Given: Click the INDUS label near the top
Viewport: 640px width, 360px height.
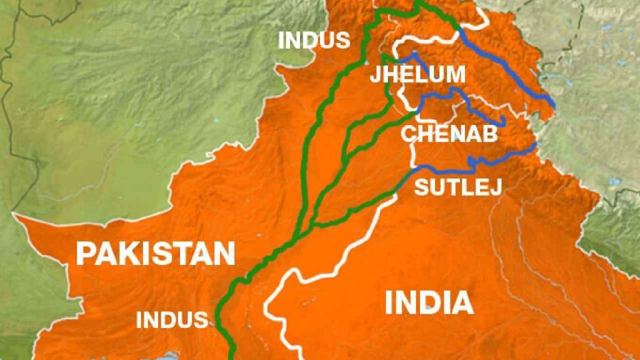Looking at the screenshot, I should [314, 40].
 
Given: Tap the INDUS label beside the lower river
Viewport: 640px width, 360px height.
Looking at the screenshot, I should [172, 320].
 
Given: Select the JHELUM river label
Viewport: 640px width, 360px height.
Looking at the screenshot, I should [417, 74].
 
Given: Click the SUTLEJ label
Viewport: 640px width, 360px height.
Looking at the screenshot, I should [458, 186].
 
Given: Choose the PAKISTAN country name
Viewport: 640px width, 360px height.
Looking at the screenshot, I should [156, 254].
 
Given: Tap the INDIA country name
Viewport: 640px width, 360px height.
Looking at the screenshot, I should [429, 303].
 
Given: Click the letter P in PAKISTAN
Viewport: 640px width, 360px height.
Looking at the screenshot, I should [86, 254].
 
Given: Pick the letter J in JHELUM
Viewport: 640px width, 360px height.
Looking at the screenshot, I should [374, 74].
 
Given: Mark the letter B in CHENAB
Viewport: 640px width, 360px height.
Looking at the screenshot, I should [489, 134].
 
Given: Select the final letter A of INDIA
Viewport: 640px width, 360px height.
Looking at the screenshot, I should [462, 303].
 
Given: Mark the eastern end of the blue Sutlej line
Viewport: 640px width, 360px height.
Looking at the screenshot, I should [536, 146].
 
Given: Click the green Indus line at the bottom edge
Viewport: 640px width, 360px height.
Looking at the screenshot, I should [232, 356].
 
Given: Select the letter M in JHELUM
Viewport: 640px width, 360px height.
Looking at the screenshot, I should [456, 74].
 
